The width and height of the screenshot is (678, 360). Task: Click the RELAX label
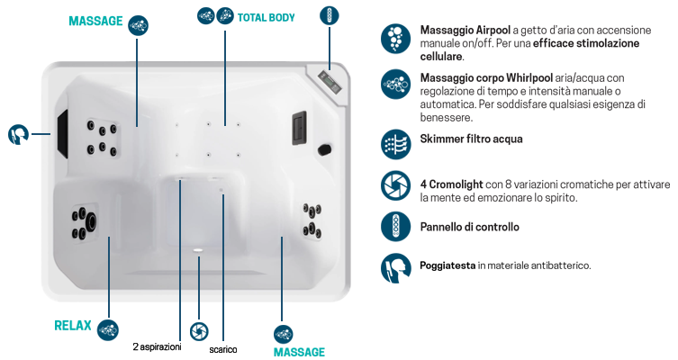point(73,326)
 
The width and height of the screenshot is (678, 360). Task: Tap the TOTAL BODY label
point(266,18)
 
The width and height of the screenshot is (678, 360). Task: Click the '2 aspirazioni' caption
point(157,346)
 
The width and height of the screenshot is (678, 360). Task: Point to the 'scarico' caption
point(223,349)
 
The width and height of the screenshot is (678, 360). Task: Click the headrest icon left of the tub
point(18,134)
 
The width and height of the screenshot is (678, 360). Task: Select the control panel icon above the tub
point(330,15)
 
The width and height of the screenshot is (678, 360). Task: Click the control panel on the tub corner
point(330,82)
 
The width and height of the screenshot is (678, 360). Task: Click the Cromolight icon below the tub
point(199,331)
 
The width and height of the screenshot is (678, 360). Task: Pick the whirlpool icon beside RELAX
point(108,330)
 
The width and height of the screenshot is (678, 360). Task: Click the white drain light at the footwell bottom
point(198,250)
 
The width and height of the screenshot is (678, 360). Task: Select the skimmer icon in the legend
point(395,144)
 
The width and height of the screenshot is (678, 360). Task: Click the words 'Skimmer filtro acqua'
point(471,139)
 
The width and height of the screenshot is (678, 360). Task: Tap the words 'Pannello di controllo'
point(470,227)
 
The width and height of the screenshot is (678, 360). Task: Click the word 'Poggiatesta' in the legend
point(447,265)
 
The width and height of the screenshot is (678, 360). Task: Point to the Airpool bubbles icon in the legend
point(395,39)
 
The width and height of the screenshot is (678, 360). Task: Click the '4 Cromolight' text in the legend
point(451,184)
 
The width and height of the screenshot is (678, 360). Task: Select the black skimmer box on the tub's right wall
point(299,128)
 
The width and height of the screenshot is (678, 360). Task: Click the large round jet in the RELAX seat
point(92,221)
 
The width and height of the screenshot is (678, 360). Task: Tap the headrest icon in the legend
point(395,268)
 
